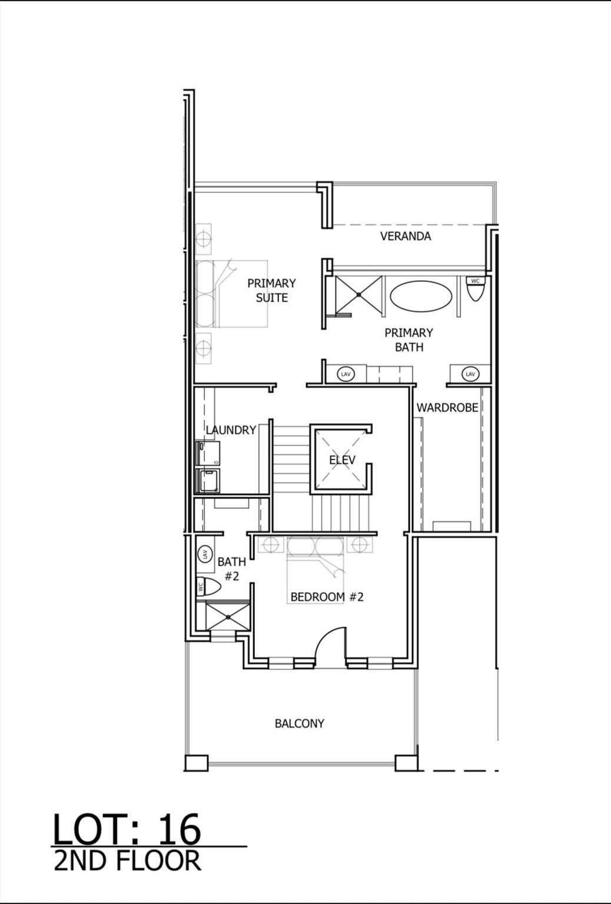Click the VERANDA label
click(405, 236)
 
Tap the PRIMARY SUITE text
click(271, 290)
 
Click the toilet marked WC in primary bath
click(475, 288)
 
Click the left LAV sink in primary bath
click(346, 374)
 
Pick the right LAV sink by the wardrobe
click(470, 374)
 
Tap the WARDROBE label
click(447, 407)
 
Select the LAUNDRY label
click(231, 430)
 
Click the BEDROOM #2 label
click(327, 597)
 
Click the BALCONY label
click(299, 723)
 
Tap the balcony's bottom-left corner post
click(196, 763)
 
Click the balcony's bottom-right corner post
click(406, 763)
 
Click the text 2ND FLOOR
click(127, 861)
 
